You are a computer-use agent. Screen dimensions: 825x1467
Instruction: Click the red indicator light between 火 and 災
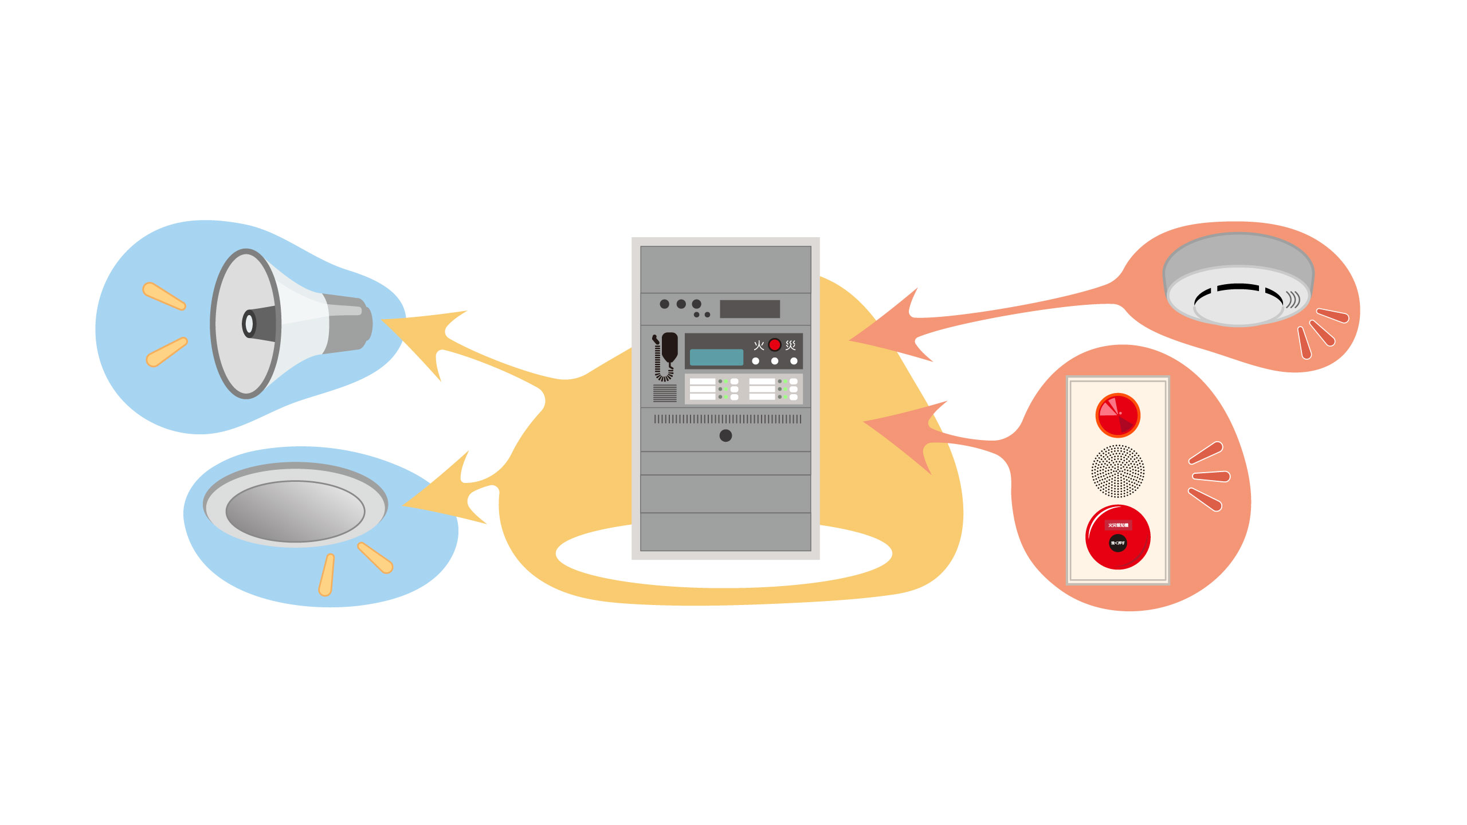[x=774, y=345]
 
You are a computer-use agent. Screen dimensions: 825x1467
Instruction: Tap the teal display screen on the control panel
[x=716, y=357]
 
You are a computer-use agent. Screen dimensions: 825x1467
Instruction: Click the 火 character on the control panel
[x=759, y=345]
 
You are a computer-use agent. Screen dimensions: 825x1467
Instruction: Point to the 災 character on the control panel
[x=791, y=345]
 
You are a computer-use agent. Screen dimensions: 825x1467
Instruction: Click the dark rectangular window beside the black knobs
[x=750, y=309]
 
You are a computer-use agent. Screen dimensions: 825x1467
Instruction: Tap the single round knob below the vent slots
[x=725, y=435]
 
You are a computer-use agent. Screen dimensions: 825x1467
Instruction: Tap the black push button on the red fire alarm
[x=1117, y=543]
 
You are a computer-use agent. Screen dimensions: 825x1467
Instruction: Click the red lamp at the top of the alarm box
[x=1117, y=415]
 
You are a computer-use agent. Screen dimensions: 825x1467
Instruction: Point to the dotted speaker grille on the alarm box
[x=1117, y=471]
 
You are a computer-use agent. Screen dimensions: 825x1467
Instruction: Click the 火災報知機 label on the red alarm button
[x=1117, y=525]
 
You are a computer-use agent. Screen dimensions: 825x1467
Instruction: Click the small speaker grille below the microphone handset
[x=665, y=393]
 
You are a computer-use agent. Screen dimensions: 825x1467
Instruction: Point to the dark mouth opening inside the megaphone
[x=249, y=324]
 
